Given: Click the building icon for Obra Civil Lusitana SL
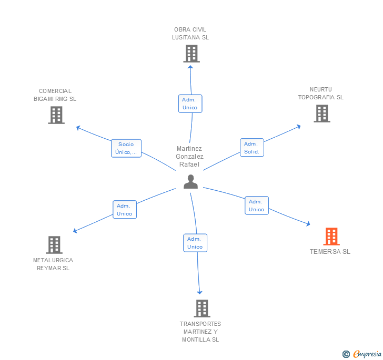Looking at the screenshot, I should pos(191,54).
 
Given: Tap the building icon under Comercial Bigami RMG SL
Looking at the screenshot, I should pos(56,115).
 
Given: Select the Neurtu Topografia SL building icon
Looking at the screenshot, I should pos(322,114).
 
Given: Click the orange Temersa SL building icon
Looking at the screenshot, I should pos(331,236).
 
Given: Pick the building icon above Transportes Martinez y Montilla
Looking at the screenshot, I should pos(202,308).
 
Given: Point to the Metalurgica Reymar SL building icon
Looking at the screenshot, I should pos(54,245).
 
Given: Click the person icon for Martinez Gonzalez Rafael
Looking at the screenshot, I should pos(190,181).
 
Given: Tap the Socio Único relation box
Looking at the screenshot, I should pos(126,148).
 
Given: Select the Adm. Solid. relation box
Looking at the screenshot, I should pos(251,148).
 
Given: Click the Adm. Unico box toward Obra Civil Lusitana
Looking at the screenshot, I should pos(190,104).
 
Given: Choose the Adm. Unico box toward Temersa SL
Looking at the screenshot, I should pos(256,205).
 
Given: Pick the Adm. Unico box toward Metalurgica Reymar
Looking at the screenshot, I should pos(125,210).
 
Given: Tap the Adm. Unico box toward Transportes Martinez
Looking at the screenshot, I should pos(195,243).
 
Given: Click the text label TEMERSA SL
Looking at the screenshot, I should pos(330,252).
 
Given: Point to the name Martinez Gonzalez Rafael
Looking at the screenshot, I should pos(189,157).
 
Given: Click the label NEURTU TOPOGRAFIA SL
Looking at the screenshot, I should pos(321,94).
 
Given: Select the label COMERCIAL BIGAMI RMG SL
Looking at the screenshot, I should pos(55,95).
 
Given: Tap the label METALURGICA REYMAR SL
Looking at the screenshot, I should pos(53,264).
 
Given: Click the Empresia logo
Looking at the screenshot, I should pos(362,354).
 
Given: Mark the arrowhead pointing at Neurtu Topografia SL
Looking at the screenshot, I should pos(299,126).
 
